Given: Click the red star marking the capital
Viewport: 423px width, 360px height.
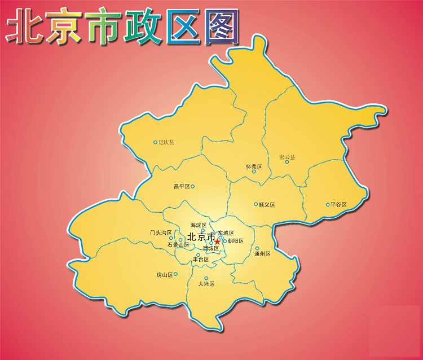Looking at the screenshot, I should [x=217, y=241].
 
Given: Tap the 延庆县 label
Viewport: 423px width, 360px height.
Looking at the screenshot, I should [x=167, y=142].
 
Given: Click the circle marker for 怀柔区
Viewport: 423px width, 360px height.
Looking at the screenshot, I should [x=254, y=172].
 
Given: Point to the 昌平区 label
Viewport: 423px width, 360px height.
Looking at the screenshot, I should [x=182, y=186].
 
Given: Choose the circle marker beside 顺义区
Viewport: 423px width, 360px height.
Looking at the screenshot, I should [x=256, y=204].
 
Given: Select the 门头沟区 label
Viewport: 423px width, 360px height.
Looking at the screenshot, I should [x=161, y=232].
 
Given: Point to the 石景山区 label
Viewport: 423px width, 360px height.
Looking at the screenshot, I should [x=178, y=245].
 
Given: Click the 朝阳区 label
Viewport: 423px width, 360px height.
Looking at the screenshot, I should [x=235, y=241].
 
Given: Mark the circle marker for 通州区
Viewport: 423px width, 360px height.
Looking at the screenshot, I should [x=257, y=248].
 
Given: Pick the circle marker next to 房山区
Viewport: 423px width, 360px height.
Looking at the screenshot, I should [x=176, y=274].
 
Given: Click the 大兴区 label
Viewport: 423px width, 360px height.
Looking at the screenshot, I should [x=207, y=284].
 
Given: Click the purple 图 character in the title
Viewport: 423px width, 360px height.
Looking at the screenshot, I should [x=219, y=25].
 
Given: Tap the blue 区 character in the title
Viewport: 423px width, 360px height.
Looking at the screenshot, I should [x=180, y=26].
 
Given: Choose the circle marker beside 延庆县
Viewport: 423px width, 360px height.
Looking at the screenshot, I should [x=156, y=142].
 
